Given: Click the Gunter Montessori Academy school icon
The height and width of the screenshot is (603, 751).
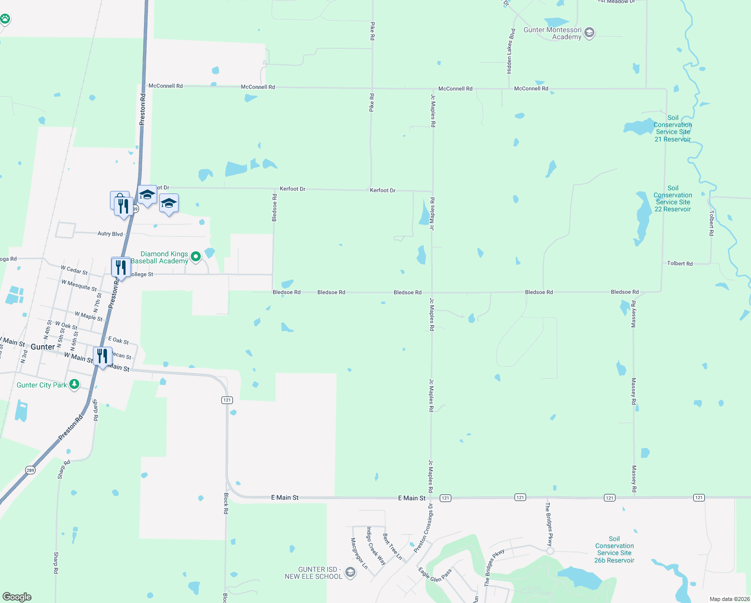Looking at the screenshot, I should tap(589, 33).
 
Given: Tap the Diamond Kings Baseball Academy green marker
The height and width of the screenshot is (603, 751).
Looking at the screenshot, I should tap(196, 257).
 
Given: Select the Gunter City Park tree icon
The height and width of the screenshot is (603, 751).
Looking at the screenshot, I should tap(74, 384).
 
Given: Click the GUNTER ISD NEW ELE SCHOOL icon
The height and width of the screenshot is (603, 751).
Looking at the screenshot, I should tap(350, 572).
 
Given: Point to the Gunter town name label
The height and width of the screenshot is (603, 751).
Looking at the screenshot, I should tap(43, 347).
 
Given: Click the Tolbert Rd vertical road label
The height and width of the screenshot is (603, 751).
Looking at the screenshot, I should tap(711, 223).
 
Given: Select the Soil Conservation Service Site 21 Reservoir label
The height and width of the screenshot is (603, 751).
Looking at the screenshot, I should tap(673, 129).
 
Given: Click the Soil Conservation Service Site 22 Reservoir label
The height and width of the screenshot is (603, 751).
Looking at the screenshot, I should tap(673, 198).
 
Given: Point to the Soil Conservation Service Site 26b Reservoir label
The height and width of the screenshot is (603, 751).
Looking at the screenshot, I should tap(614, 549).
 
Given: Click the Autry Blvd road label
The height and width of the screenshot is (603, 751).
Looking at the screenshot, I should tap(110, 234).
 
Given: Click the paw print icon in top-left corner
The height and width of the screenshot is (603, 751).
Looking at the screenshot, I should tap(5, 19).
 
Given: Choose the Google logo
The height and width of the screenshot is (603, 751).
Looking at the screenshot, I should tap(17, 597).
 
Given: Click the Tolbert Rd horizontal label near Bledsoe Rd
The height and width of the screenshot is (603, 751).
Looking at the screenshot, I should tap(680, 263).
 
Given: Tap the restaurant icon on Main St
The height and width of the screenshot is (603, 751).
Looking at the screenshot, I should tap(102, 356).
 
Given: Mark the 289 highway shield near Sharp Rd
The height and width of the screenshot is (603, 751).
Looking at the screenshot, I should tap(30, 470).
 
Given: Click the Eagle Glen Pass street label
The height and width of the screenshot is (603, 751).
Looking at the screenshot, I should tap(435, 574).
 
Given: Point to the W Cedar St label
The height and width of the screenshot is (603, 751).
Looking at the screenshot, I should tap(74, 270).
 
